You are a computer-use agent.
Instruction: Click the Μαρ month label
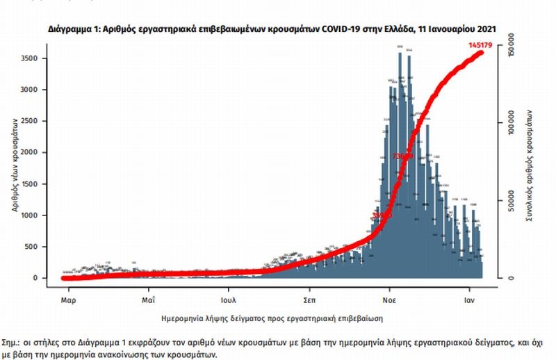click(67, 300)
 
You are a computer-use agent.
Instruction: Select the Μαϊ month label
click(148, 300)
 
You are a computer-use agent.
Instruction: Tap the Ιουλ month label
click(229, 300)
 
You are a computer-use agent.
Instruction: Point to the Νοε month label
click(389, 300)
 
